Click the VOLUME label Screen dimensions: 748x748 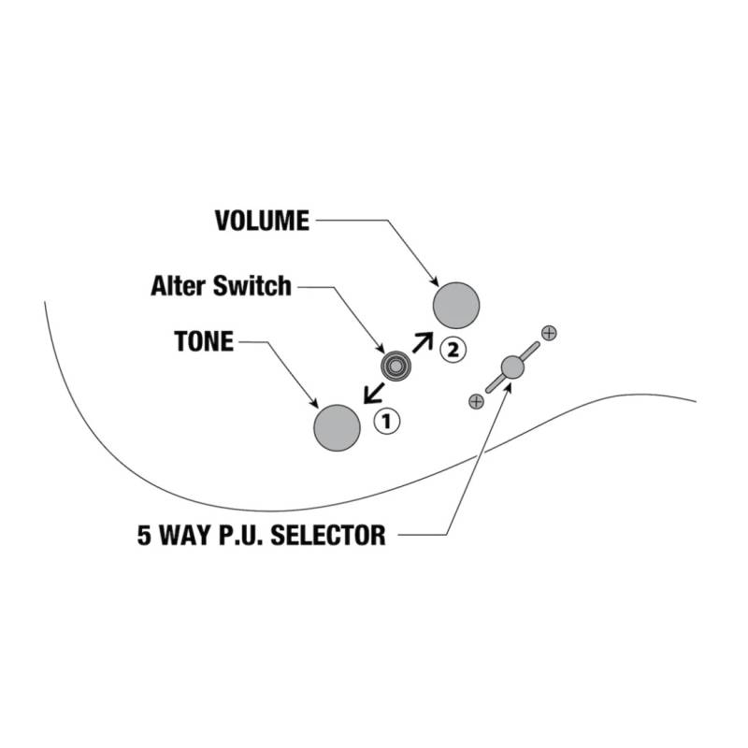pyautogui.click(x=262, y=221)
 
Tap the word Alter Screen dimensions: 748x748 pyautogui.click(x=179, y=286)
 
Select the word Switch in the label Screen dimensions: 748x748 pyautogui.click(x=252, y=286)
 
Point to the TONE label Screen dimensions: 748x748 pyautogui.click(x=204, y=341)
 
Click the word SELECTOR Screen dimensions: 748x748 pyautogui.click(x=328, y=535)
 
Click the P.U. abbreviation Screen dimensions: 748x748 pyautogui.click(x=240, y=535)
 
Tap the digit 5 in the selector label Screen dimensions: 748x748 pyautogui.click(x=144, y=535)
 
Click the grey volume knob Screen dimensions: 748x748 pyautogui.click(x=456, y=306)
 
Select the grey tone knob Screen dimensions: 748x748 pyautogui.click(x=337, y=428)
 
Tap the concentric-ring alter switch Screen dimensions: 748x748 pyautogui.click(x=396, y=366)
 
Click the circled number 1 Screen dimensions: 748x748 pyautogui.click(x=387, y=422)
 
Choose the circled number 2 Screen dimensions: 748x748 pyautogui.click(x=453, y=351)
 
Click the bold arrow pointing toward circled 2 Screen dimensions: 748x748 pyautogui.click(x=423, y=342)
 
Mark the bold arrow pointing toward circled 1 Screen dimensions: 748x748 pyautogui.click(x=373, y=393)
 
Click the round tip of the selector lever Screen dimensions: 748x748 pyautogui.click(x=512, y=367)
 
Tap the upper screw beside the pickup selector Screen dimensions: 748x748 pyautogui.click(x=549, y=333)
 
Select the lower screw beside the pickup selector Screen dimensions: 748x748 pyautogui.click(x=476, y=402)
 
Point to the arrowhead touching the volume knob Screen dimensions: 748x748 pyautogui.click(x=435, y=281)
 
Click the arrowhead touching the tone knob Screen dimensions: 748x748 pyautogui.click(x=314, y=403)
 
